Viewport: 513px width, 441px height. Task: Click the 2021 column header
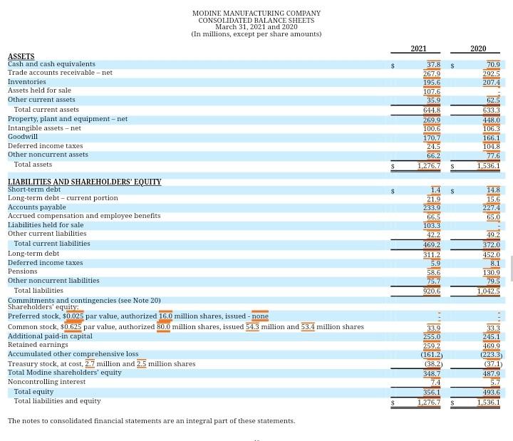pyautogui.click(x=418, y=48)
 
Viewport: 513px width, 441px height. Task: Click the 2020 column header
pyautogui.click(x=478, y=48)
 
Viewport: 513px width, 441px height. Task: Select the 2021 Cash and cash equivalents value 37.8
pyautogui.click(x=433, y=65)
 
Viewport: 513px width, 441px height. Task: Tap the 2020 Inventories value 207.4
pyautogui.click(x=491, y=83)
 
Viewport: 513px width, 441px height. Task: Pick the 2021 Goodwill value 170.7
pyautogui.click(x=432, y=138)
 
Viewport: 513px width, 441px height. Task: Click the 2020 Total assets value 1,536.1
pyautogui.click(x=488, y=166)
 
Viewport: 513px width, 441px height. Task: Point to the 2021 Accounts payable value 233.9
pyautogui.click(x=432, y=208)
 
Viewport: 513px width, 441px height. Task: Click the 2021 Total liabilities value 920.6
pyautogui.click(x=432, y=291)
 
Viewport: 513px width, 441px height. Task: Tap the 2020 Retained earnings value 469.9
pyautogui.click(x=491, y=346)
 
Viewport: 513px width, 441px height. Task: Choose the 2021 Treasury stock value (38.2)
pyautogui.click(x=432, y=364)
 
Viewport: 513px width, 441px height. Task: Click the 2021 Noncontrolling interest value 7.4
pyautogui.click(x=435, y=383)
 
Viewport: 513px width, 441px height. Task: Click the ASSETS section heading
pyautogui.click(x=21, y=56)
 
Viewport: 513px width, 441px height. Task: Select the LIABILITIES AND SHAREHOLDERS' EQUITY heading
pyautogui.click(x=84, y=182)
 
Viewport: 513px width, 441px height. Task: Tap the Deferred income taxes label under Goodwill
pyautogui.click(x=45, y=146)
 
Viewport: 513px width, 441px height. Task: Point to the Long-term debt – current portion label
pyautogui.click(x=63, y=198)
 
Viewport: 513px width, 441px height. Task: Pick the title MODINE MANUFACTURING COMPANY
pyautogui.click(x=256, y=14)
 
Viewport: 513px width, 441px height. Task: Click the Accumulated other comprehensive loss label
pyautogui.click(x=73, y=354)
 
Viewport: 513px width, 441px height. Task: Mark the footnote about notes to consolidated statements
pyautogui.click(x=151, y=421)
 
